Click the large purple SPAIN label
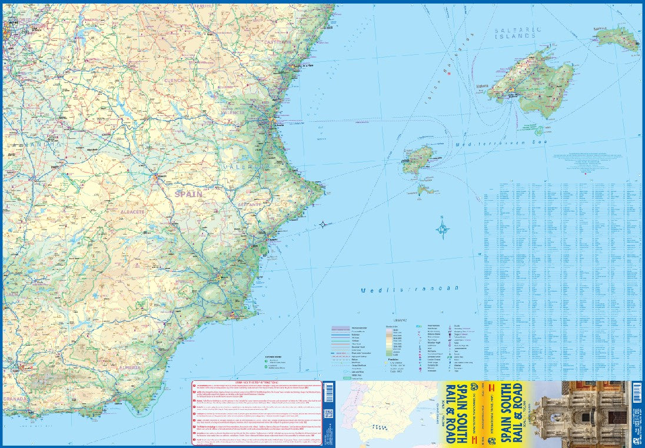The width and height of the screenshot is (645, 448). coord(188,193)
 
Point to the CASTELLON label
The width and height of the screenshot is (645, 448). coord(278,42)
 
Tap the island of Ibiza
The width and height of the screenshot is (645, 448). coord(418,160)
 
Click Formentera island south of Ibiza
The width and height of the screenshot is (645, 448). coord(426,190)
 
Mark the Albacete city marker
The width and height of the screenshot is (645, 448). coord(157,175)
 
